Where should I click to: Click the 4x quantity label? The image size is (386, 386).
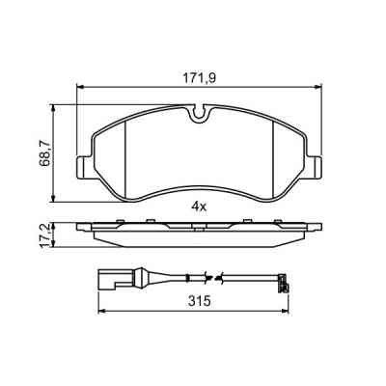point(198,207)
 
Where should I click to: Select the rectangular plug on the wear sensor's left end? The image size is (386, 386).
point(106,281)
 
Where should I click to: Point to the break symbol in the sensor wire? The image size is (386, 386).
point(222,280)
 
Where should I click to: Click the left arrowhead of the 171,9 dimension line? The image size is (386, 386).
point(79,86)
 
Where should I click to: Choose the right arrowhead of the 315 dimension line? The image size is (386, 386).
point(286,312)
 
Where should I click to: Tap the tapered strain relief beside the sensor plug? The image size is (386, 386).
point(129,281)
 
